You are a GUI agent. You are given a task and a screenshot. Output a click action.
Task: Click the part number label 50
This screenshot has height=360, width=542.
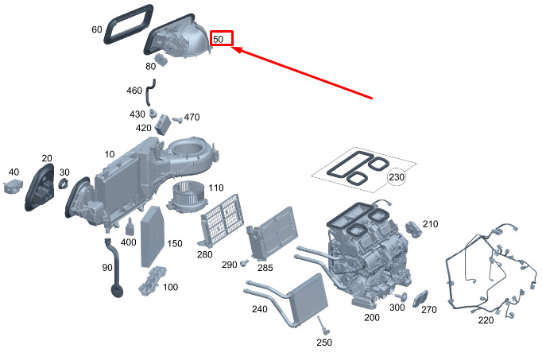tap(221, 38)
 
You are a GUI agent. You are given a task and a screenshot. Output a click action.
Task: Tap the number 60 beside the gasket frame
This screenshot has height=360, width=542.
tap(97, 30)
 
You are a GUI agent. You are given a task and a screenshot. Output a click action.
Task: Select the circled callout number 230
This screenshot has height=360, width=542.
tap(397, 177)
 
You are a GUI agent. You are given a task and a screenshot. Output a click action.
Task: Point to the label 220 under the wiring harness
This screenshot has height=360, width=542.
tap(486, 320)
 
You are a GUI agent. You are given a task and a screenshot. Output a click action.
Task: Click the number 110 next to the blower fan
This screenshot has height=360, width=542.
tap(216, 188)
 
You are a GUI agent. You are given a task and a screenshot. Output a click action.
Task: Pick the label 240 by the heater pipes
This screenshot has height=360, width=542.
tap(258, 310)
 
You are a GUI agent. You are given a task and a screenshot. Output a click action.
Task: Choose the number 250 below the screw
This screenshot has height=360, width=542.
tap(323, 343)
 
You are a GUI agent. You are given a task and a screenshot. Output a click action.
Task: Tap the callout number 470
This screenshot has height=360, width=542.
tap(192, 118)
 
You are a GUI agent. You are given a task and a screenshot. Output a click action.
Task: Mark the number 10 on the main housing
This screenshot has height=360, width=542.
tap(110, 153)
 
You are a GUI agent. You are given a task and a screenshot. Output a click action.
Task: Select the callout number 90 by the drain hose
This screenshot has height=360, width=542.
tap(107, 267)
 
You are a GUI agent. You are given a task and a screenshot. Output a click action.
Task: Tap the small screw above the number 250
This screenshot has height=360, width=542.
tap(322, 324)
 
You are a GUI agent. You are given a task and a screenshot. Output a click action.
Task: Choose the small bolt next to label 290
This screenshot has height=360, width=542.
tap(245, 261)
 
